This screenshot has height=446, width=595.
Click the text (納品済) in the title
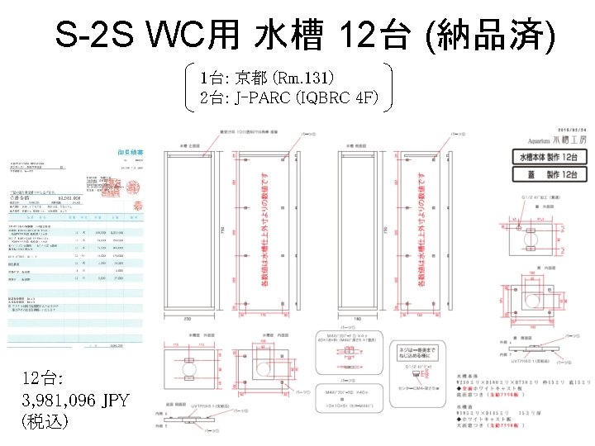click(x=488, y=35)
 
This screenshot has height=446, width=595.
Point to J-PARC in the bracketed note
click(x=261, y=98)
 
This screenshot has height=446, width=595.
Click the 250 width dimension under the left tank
click(x=188, y=317)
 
